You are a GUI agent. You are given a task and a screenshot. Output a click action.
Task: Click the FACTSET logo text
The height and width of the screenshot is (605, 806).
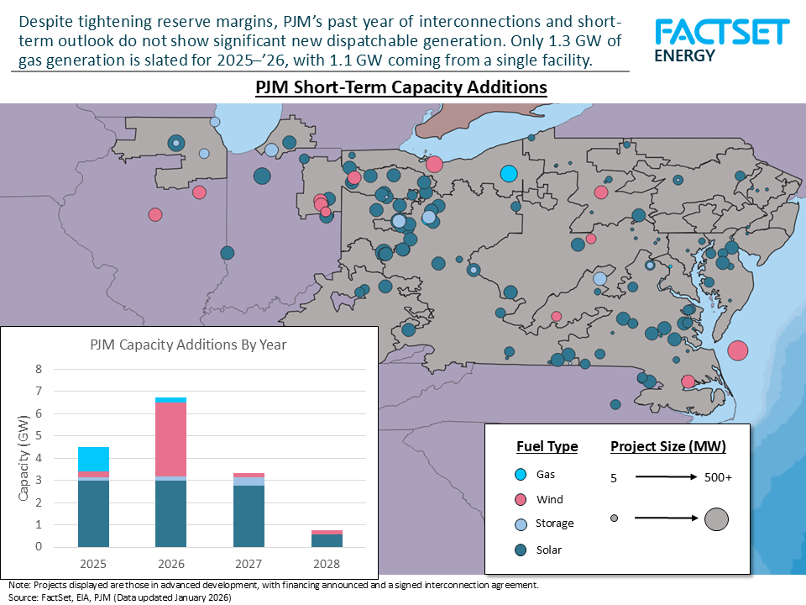[x=722, y=33]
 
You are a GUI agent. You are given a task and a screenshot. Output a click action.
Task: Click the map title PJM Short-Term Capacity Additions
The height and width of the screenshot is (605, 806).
[x=401, y=87]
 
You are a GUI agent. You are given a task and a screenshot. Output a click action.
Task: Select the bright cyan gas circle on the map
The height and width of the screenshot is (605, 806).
[x=508, y=174]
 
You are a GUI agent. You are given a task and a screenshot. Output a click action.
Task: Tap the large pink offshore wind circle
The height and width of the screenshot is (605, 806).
[x=738, y=350]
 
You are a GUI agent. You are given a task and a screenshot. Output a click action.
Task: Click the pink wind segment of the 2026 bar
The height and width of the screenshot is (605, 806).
[x=171, y=439]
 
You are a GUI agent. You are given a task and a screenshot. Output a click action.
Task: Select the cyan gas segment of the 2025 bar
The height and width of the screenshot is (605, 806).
[x=93, y=460]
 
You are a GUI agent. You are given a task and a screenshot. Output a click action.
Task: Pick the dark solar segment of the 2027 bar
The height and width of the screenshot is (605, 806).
[x=249, y=516]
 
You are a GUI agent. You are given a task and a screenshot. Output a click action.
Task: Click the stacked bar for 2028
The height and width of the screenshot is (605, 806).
[x=327, y=539]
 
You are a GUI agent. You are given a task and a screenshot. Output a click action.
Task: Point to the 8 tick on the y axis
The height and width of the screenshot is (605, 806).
[x=37, y=369]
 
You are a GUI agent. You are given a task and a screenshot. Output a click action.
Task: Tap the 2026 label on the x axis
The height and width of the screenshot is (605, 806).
[x=171, y=563]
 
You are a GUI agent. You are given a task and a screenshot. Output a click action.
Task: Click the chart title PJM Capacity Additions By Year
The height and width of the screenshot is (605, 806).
[x=188, y=345]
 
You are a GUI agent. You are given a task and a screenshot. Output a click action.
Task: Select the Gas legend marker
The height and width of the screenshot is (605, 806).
[x=519, y=475]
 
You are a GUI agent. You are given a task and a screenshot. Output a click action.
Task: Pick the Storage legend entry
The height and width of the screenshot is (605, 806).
[x=554, y=523]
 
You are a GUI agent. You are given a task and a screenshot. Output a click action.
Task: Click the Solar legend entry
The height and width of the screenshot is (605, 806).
[x=548, y=550]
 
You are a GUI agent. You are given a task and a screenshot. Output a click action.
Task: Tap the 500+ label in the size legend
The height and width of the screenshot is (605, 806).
[x=718, y=477]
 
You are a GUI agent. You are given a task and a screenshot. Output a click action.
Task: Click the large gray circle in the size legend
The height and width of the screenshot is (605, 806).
[x=716, y=519]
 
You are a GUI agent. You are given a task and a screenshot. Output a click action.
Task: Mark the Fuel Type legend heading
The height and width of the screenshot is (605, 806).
[x=547, y=446]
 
